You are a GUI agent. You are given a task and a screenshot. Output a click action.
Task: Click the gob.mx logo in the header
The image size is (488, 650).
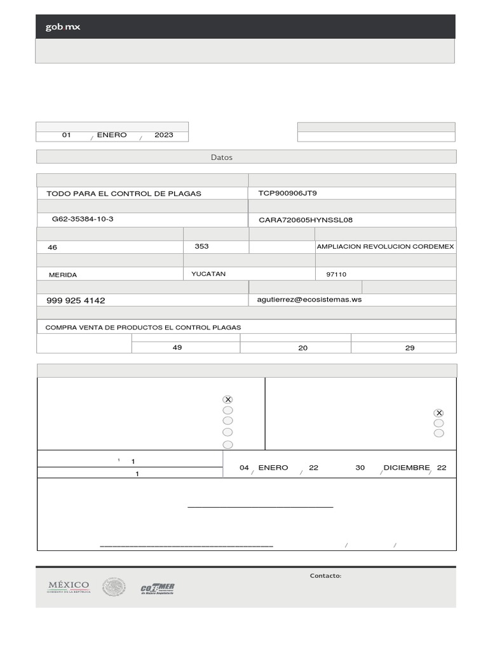(62, 27)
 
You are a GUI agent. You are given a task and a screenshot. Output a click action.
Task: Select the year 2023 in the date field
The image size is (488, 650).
(163, 135)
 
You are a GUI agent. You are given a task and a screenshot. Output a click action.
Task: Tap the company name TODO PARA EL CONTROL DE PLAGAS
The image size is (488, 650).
(124, 194)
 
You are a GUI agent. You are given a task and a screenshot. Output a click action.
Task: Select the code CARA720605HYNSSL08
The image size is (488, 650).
(306, 220)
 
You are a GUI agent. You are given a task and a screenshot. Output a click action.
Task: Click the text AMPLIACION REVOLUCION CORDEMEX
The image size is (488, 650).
(385, 246)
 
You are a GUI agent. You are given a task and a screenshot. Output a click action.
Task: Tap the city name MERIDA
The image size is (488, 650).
(63, 275)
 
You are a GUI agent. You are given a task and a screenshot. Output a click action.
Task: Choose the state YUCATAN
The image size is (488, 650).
(208, 274)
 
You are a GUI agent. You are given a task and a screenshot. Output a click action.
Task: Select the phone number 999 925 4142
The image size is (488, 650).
(76, 300)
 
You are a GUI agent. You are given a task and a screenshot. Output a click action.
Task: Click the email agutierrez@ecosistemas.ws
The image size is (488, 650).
(309, 299)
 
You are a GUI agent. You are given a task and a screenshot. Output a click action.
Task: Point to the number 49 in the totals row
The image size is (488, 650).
(177, 347)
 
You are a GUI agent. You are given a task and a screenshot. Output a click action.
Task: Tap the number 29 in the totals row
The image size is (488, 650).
(410, 348)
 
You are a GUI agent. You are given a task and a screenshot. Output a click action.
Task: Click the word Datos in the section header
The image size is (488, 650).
(222, 157)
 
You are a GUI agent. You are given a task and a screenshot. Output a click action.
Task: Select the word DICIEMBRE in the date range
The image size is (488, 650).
(407, 468)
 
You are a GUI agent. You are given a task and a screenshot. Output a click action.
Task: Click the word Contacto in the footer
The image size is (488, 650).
(325, 576)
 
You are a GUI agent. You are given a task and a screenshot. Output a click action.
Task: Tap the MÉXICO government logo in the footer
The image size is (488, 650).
(69, 587)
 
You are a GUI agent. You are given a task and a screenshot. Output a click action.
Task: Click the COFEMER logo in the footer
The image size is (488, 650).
(158, 588)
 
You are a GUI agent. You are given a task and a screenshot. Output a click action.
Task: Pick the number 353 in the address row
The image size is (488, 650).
(201, 246)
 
